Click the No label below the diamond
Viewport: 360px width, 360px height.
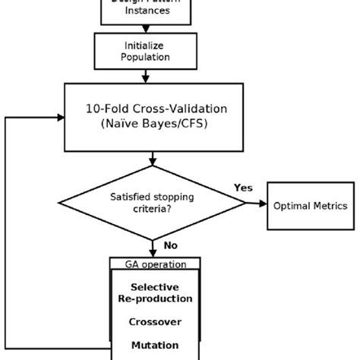coord(170,245)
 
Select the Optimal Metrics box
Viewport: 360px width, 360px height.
coord(311,205)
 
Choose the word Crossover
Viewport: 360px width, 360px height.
coord(155,321)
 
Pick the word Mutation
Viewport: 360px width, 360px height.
coord(155,344)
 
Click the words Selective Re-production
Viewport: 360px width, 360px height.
coord(155,292)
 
